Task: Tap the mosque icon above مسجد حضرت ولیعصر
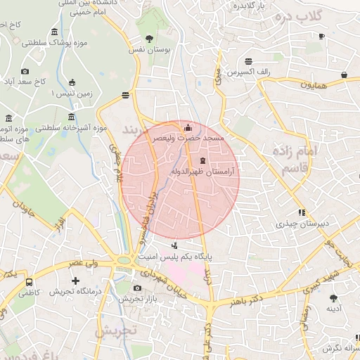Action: pos(187,129)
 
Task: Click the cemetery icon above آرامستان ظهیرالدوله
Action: pos(203,162)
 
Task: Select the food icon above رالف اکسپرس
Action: pos(249,61)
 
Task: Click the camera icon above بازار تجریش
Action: pos(136,288)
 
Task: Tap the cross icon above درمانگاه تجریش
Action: pos(76,281)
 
